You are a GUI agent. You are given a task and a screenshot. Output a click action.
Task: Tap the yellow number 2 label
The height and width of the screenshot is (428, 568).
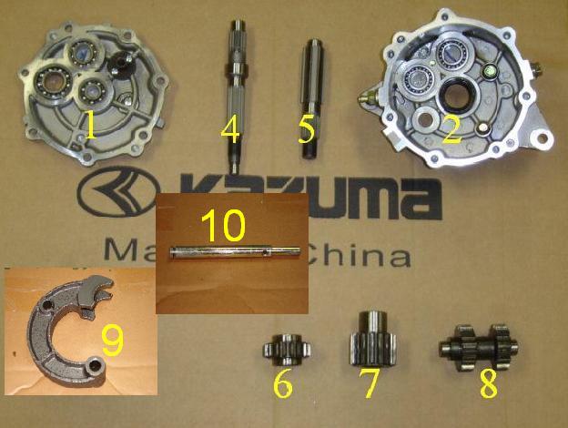tap(450, 128)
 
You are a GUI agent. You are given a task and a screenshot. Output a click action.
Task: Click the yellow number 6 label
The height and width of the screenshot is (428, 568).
tap(283, 384)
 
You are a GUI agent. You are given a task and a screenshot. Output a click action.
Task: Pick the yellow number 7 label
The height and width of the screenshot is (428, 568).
tap(369, 383)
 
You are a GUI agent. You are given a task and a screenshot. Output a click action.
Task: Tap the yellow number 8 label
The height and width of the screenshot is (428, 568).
tap(489, 383)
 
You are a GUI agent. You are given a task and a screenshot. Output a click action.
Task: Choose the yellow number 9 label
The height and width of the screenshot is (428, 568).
tap(112, 340)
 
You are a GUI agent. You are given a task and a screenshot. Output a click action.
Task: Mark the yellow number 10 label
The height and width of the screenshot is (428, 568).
tap(223, 224)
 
